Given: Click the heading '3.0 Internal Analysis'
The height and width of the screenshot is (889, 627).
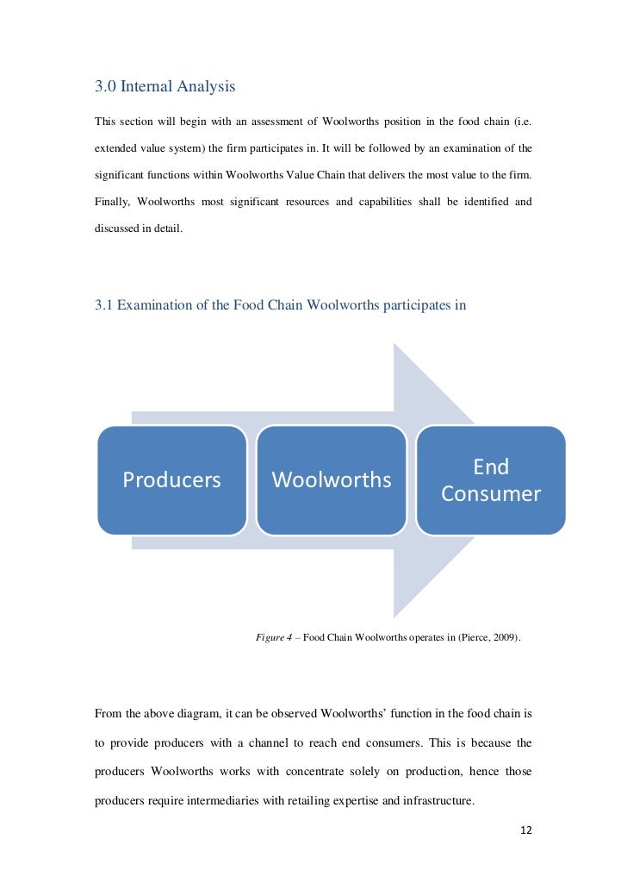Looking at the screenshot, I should coord(165,87).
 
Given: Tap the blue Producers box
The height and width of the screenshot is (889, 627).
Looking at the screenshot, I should coord(171,479).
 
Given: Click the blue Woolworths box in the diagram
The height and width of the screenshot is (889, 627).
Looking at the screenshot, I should coord(331,479).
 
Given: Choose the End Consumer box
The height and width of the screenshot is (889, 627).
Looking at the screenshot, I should coord(491,480).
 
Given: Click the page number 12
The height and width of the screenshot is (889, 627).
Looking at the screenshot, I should coord(527,830).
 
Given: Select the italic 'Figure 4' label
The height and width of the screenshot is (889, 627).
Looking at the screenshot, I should coord(275,638).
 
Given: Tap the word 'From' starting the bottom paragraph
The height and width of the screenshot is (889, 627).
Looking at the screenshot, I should coord(109,713).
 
